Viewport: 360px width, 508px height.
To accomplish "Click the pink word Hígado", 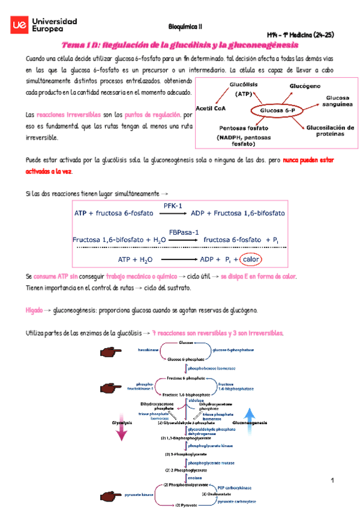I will pos(34,311).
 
